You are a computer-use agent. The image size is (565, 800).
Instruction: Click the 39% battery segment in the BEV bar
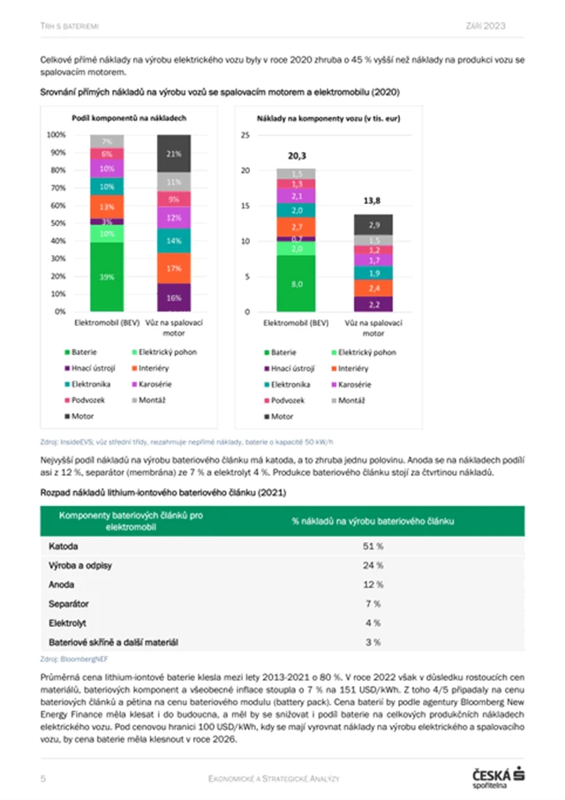tap(106, 275)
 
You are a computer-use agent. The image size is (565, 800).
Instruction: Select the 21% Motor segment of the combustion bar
tap(173, 154)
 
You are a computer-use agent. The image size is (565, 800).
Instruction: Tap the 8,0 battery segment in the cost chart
tap(297, 283)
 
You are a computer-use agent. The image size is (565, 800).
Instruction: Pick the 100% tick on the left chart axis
tap(56, 135)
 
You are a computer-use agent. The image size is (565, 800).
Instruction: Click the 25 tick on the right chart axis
tap(246, 135)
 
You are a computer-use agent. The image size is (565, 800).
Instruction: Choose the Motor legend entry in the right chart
tap(282, 416)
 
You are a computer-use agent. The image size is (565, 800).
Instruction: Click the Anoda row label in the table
tap(63, 585)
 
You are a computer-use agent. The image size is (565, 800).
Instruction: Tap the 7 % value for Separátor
tap(373, 603)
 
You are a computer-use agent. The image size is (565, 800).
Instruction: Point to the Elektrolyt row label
tap(67, 623)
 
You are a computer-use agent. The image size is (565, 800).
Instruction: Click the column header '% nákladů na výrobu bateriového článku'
tap(373, 521)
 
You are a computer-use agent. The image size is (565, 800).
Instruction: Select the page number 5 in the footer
tap(43, 777)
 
